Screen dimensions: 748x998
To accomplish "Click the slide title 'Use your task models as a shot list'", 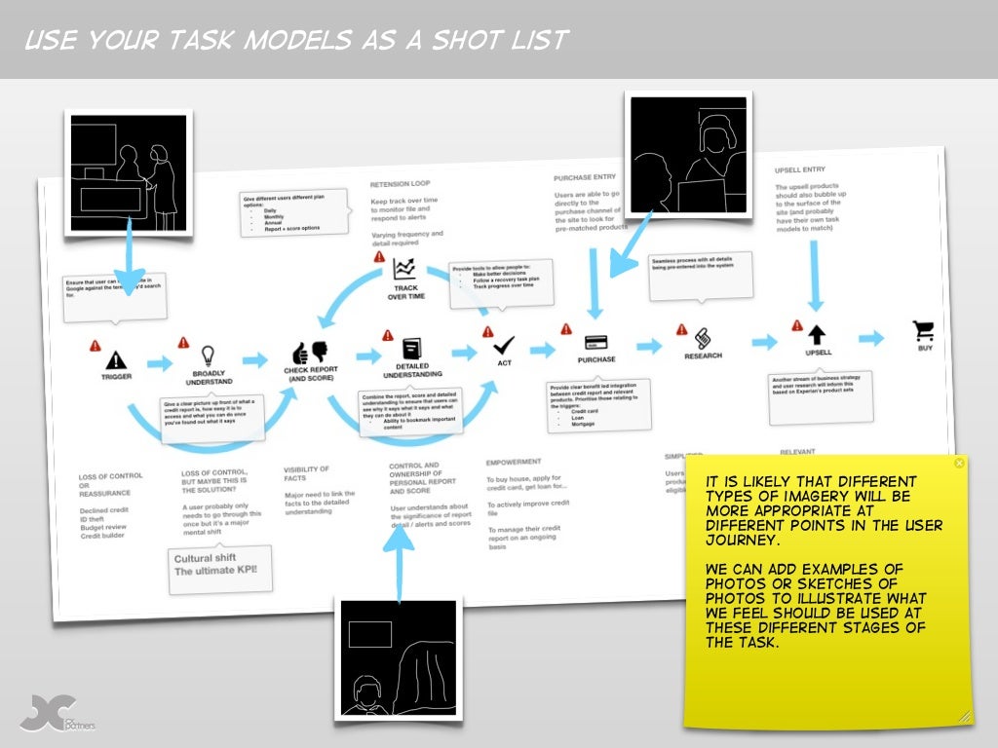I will (296, 40).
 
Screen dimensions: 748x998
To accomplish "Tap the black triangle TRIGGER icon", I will (116, 359).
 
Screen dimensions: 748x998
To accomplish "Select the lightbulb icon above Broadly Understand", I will (207, 355).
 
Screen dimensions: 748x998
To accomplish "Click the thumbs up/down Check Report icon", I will (311, 352).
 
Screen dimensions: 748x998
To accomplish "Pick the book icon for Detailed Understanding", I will (410, 348).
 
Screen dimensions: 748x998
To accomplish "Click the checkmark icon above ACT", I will (504, 344).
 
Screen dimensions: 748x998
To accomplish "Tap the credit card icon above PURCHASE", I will (596, 342).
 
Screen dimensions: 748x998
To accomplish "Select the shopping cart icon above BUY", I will (922, 330).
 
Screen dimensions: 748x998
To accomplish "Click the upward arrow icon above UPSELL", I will (817, 336).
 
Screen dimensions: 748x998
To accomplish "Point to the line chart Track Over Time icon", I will (403, 270).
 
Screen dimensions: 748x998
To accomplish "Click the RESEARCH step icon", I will (703, 338).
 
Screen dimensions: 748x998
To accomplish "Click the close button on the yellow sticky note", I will (959, 464).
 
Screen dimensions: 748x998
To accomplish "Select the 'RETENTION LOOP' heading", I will (402, 184).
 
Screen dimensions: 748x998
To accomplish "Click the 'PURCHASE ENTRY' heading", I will (585, 178).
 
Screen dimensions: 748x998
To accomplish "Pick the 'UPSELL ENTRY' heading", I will (806, 169).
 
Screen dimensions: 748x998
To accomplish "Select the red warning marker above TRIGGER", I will (96, 346).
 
